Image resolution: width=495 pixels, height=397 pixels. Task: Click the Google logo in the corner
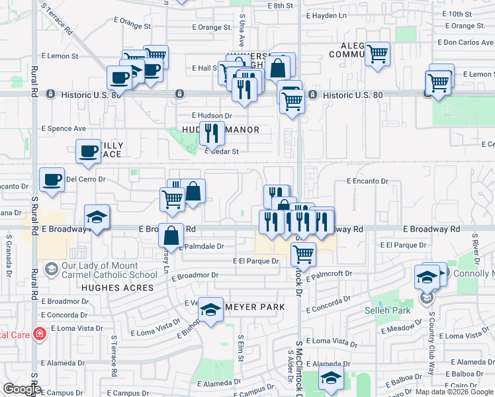click(21, 389)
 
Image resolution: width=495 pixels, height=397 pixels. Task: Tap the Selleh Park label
click(384, 310)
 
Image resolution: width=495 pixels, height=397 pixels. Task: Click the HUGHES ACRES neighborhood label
click(118, 288)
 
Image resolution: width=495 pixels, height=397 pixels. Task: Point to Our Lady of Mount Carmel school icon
click(51, 269)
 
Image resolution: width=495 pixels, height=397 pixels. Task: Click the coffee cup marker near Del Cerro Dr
click(52, 179)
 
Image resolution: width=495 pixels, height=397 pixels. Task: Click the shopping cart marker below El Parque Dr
click(303, 253)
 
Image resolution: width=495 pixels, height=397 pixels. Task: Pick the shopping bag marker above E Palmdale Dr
click(171, 235)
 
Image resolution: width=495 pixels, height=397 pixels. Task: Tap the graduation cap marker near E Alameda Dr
click(330, 378)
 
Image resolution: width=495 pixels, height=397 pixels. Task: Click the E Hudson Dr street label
click(212, 115)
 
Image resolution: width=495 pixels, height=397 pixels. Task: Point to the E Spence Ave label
click(64, 128)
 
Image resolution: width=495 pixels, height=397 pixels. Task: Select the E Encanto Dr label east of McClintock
click(365, 181)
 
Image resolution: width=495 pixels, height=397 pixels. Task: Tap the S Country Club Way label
click(431, 344)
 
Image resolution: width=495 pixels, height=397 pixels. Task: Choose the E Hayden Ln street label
click(327, 15)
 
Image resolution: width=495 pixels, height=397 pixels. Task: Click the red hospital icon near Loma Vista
click(40, 333)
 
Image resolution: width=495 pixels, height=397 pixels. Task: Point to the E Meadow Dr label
click(404, 328)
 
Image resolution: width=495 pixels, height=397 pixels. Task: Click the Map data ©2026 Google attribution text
click(453, 392)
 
